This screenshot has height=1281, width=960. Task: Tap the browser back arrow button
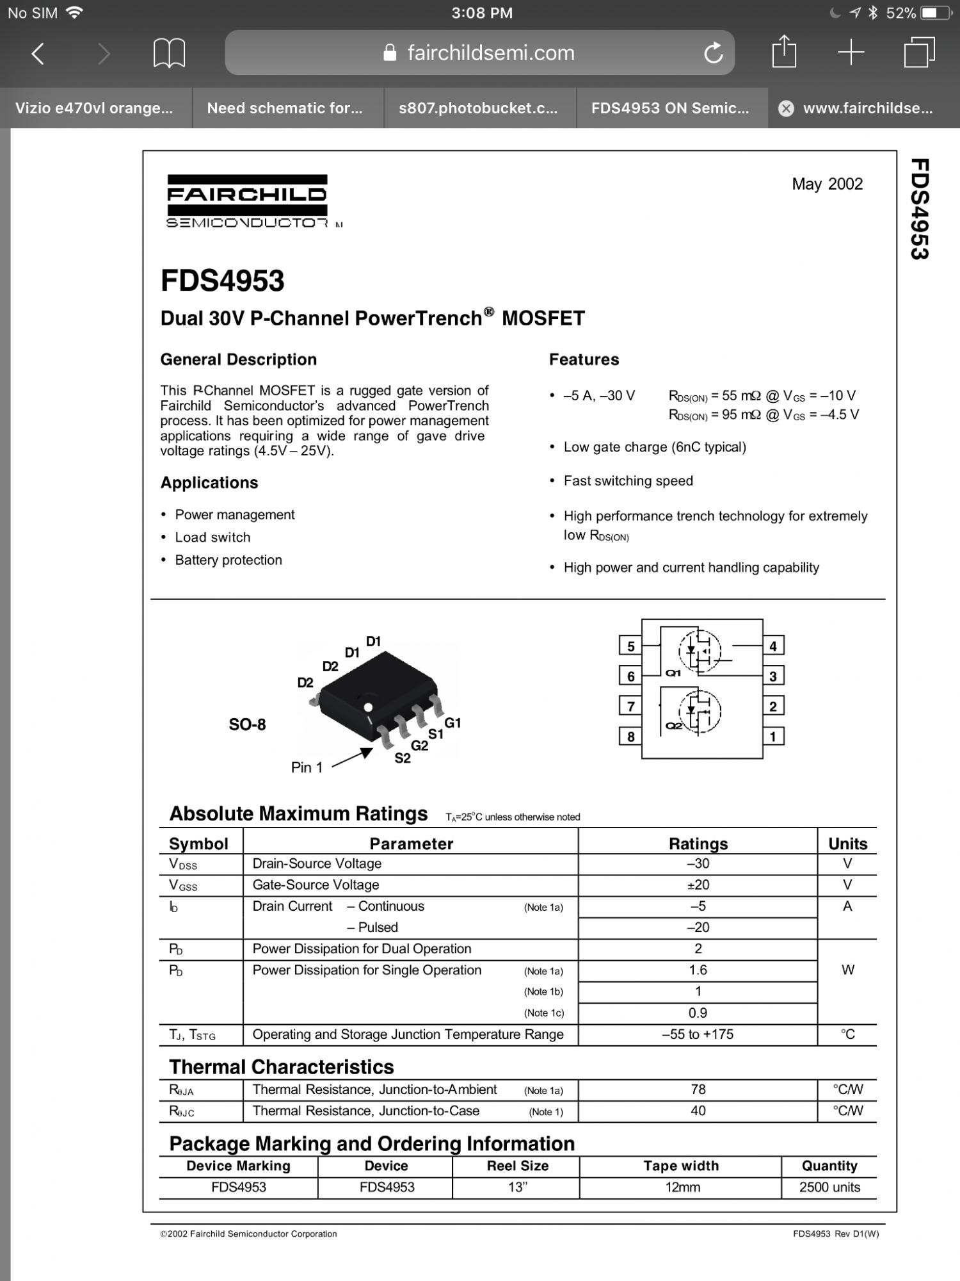pyautogui.click(x=38, y=53)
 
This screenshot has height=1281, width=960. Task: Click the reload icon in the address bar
pyautogui.click(x=713, y=53)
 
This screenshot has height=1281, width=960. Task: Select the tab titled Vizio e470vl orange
pyautogui.click(x=95, y=108)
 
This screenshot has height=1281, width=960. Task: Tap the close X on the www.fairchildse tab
pyautogui.click(x=786, y=109)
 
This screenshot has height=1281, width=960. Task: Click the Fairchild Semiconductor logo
pyautogui.click(x=248, y=200)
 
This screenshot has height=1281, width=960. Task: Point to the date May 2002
pyautogui.click(x=827, y=184)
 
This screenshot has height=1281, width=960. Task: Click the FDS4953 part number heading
pyautogui.click(x=222, y=281)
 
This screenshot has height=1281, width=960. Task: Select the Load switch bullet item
pyautogui.click(x=212, y=537)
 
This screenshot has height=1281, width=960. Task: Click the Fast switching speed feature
pyautogui.click(x=628, y=481)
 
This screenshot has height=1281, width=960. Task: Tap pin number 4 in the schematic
pyautogui.click(x=773, y=646)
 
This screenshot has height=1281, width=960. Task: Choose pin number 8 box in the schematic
pyautogui.click(x=630, y=737)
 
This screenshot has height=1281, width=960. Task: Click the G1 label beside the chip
pyautogui.click(x=452, y=723)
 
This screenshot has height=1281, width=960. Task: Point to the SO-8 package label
pyautogui.click(x=247, y=724)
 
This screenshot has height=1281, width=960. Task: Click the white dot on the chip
pyautogui.click(x=368, y=708)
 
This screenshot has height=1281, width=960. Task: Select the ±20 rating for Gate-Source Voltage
pyautogui.click(x=698, y=885)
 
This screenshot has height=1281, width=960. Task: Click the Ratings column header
pyautogui.click(x=698, y=844)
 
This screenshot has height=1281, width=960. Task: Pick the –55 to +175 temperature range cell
pyautogui.click(x=698, y=1034)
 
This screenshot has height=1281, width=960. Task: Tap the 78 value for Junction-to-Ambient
pyautogui.click(x=698, y=1089)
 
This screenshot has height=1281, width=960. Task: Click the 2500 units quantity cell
pyautogui.click(x=829, y=1187)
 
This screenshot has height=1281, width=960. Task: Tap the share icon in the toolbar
pyautogui.click(x=784, y=52)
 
